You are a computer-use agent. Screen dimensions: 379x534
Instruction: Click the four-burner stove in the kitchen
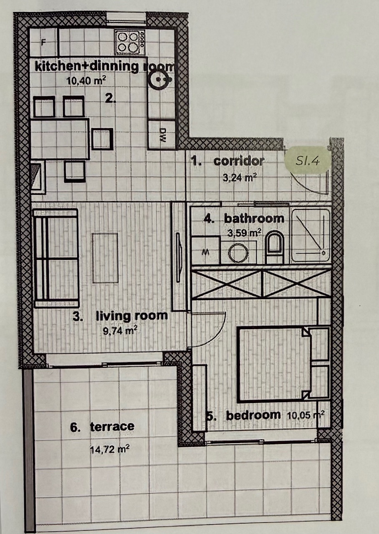click(130, 42)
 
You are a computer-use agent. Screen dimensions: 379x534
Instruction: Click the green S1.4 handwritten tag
click(308, 159)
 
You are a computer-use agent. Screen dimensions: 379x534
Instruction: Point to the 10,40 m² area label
click(86, 81)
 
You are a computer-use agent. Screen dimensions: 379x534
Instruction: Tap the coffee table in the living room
click(105, 258)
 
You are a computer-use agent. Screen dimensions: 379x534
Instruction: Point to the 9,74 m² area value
click(120, 331)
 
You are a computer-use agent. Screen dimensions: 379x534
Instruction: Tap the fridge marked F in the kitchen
click(43, 43)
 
